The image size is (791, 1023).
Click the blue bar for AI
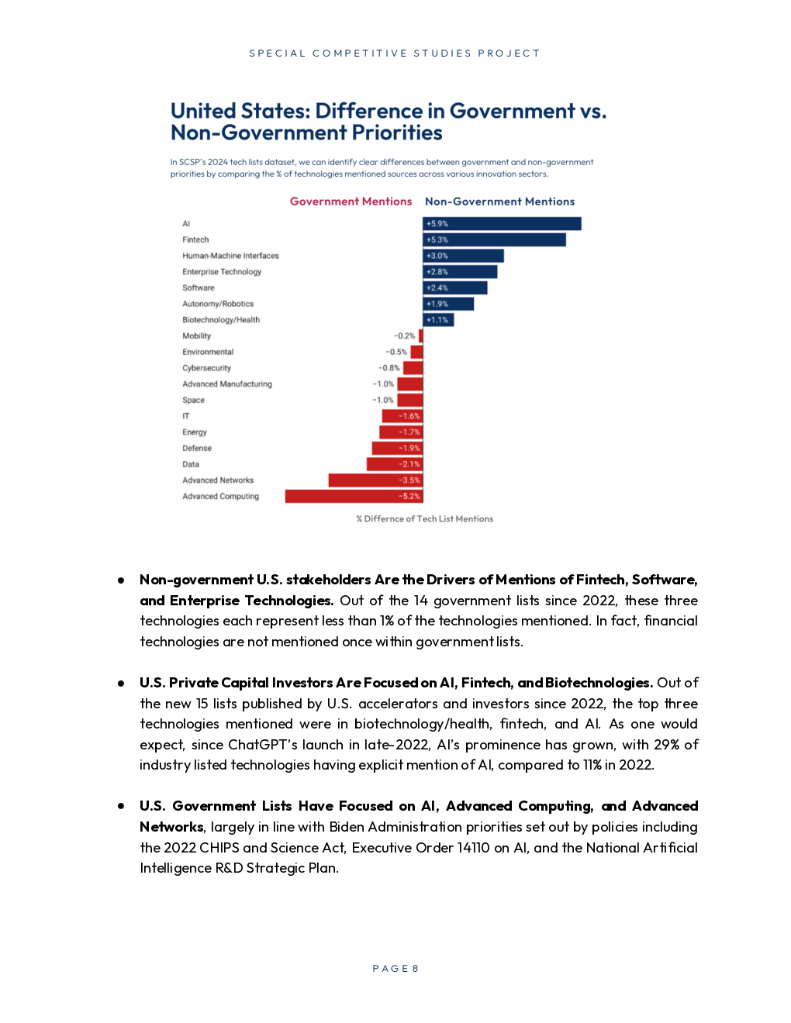[x=502, y=224]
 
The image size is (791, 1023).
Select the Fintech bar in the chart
[x=494, y=240]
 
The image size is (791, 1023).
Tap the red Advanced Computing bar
[x=354, y=497]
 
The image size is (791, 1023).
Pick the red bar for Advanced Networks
[x=375, y=480]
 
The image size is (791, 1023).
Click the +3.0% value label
[x=437, y=256]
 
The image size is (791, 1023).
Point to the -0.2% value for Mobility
[x=404, y=336]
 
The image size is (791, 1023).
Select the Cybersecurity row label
[x=206, y=368]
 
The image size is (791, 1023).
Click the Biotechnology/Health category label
[x=221, y=320]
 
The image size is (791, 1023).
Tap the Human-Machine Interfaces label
[x=230, y=256]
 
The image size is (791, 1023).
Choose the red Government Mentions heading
[x=351, y=201]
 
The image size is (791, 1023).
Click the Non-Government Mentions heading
[x=499, y=201]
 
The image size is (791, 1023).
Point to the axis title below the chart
[x=424, y=519]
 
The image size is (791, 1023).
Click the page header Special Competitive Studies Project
[x=394, y=53]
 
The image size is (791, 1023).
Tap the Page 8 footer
[x=395, y=969]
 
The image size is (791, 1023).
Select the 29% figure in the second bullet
[x=666, y=745]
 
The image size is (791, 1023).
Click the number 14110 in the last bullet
[x=473, y=848]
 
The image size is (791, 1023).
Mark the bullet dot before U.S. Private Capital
[x=121, y=684]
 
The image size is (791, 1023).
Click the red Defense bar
[x=397, y=449]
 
